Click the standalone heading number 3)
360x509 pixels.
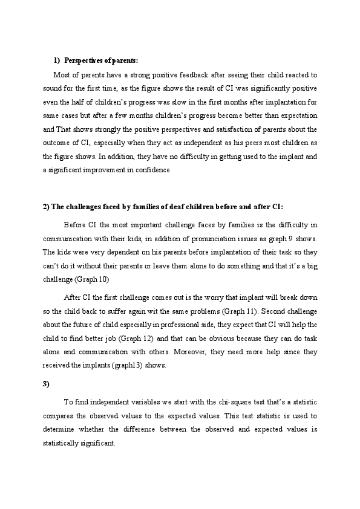tap(46, 384)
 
